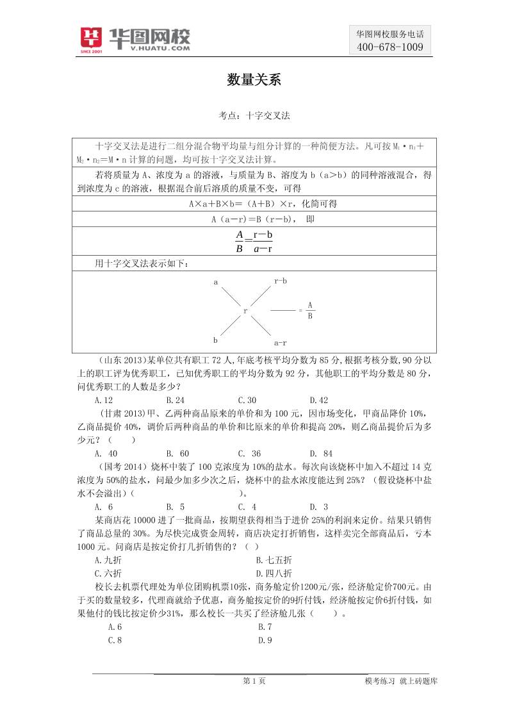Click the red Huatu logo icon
(92, 40)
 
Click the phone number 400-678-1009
(389, 47)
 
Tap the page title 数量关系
(254, 80)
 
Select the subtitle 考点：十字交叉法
(254, 116)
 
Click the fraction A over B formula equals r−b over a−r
(254, 242)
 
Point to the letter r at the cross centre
(245, 311)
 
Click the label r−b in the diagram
(281, 281)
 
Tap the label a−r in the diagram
(280, 343)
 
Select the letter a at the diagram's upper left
(216, 282)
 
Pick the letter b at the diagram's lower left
(215, 340)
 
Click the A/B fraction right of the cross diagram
(310, 310)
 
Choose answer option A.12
(103, 400)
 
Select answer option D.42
(318, 400)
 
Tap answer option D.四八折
(274, 574)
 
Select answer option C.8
(115, 640)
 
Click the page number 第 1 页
(254, 681)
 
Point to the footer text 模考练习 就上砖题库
(401, 681)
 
